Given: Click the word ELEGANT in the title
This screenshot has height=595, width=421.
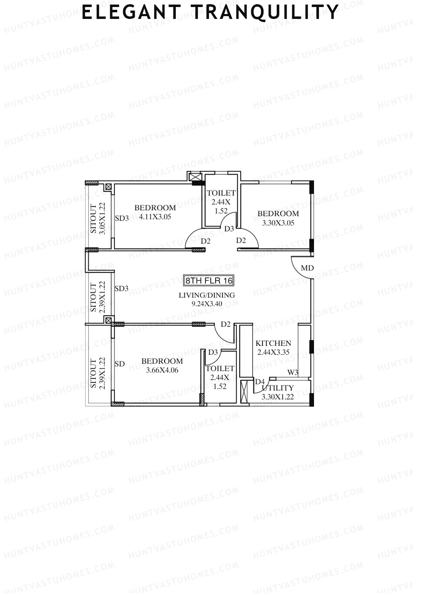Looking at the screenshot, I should pyautogui.click(x=131, y=12).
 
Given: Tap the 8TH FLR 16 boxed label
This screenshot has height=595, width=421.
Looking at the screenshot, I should pyautogui.click(x=208, y=280).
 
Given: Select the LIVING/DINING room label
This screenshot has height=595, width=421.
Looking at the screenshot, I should pyautogui.click(x=207, y=295).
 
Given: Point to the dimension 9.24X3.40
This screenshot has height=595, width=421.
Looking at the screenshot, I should pyautogui.click(x=207, y=304).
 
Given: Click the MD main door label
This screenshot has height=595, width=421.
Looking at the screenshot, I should pyautogui.click(x=307, y=268).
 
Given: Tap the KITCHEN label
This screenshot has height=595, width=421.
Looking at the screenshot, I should pyautogui.click(x=273, y=343).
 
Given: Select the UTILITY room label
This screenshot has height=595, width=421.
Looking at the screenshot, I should pyautogui.click(x=278, y=388).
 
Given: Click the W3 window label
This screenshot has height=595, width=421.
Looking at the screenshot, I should pyautogui.click(x=293, y=373).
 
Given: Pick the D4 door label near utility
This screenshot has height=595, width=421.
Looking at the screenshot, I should pyautogui.click(x=260, y=381).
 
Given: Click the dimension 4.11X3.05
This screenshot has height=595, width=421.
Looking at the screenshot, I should pyautogui.click(x=155, y=217).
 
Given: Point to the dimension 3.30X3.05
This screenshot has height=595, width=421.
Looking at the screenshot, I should pyautogui.click(x=278, y=223).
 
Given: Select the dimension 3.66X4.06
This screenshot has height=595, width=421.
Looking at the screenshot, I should pyautogui.click(x=162, y=370).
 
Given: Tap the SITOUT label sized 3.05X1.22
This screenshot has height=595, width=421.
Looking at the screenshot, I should pyautogui.click(x=93, y=218).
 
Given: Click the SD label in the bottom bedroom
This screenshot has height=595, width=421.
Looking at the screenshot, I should pyautogui.click(x=120, y=364).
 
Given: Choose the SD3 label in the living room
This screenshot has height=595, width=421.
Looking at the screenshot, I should pyautogui.click(x=121, y=289).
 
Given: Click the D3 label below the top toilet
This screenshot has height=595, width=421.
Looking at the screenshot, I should pyautogui.click(x=229, y=229).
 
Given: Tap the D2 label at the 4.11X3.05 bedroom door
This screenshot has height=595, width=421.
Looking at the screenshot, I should pyautogui.click(x=206, y=241).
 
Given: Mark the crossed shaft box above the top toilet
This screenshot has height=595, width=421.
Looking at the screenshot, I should pyautogui.click(x=194, y=176).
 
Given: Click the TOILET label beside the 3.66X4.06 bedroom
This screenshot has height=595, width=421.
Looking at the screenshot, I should pyautogui.click(x=220, y=369).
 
